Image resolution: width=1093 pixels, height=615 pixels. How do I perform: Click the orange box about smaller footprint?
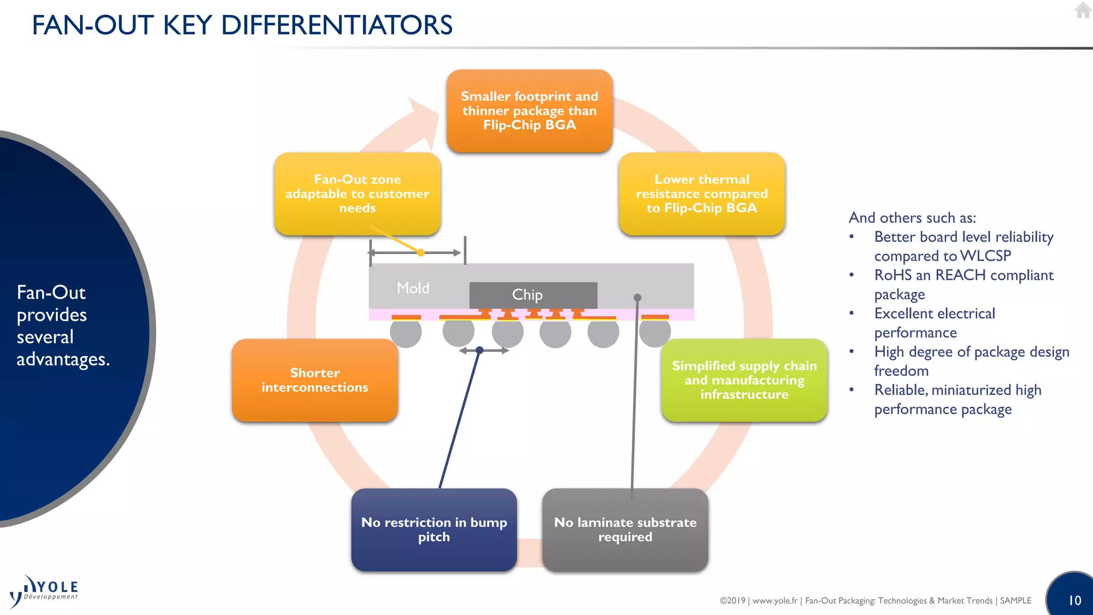[529, 111]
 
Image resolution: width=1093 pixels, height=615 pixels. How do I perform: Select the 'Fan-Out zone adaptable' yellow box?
[357, 194]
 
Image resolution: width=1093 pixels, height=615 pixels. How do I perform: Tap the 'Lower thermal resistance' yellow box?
[702, 194]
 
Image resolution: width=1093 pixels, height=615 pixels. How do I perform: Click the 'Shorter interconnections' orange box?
[315, 380]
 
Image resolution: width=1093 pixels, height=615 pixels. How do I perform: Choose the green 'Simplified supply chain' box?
[744, 380]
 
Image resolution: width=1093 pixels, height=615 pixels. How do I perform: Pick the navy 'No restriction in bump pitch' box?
[434, 530]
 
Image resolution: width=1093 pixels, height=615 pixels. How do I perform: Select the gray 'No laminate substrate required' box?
[625, 530]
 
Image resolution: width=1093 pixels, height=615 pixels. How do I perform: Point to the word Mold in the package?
[413, 288]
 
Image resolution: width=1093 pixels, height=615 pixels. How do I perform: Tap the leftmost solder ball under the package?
[406, 333]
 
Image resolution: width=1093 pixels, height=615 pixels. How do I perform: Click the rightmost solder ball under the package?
[655, 333]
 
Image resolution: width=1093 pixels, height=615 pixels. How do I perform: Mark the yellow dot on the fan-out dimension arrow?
[421, 253]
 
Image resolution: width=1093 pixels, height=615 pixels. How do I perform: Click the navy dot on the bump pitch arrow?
[479, 350]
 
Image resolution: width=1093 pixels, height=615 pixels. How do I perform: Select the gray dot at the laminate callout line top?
[637, 297]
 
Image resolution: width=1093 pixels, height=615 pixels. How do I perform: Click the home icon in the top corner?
[1083, 11]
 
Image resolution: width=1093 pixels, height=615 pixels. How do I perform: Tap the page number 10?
[1074, 601]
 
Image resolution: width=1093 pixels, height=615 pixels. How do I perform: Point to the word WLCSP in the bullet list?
[985, 256]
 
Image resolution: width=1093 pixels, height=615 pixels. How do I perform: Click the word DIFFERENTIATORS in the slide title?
[337, 25]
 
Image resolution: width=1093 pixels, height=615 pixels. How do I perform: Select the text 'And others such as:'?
[912, 218]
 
